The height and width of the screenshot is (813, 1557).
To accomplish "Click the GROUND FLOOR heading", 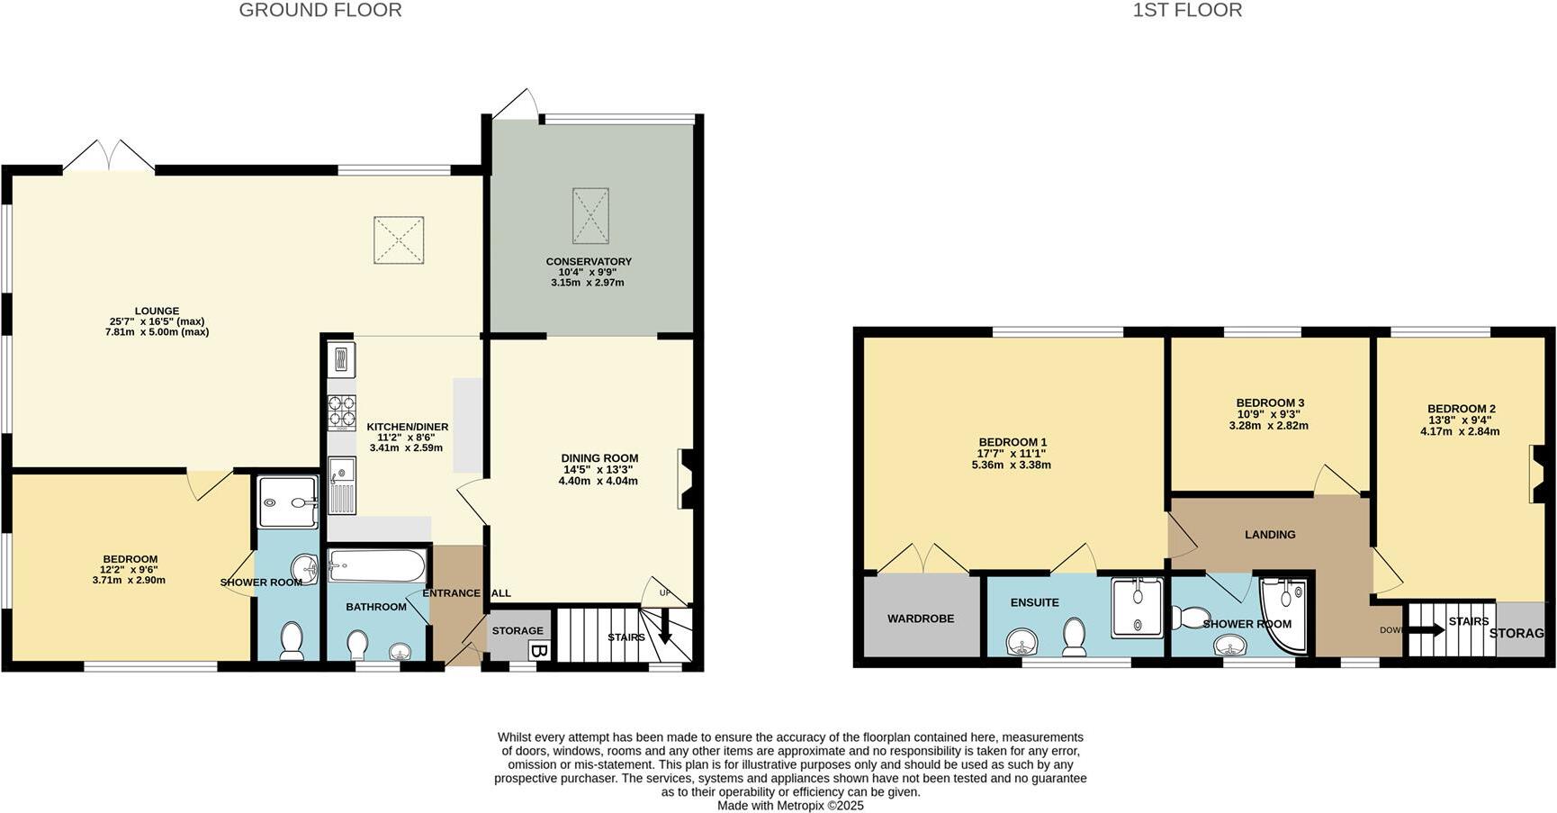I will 320,11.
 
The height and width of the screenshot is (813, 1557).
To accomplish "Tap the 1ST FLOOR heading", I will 1187,11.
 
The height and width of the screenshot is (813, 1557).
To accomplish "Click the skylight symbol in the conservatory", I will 590,215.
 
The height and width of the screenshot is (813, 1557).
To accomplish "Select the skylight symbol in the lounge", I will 399,240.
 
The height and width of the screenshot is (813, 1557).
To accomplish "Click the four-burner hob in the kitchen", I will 342,411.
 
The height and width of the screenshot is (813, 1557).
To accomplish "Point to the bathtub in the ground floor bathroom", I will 376,567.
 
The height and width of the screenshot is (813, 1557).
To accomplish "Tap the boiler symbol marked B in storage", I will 538,651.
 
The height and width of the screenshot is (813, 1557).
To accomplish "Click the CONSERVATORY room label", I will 589,262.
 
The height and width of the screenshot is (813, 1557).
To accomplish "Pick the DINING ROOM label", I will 599,458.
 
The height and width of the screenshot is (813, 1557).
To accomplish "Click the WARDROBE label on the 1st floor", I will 921,619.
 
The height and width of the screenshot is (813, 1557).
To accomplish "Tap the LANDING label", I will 1270,535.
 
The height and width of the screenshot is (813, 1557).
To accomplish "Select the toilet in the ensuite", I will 1075,637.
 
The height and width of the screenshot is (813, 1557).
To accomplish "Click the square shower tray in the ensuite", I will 1137,608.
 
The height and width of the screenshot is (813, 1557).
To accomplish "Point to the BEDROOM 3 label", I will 1270,403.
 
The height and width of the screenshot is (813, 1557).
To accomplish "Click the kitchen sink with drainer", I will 342,486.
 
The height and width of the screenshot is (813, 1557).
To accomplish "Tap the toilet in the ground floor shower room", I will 292,640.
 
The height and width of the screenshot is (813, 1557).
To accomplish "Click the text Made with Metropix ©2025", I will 790,806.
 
